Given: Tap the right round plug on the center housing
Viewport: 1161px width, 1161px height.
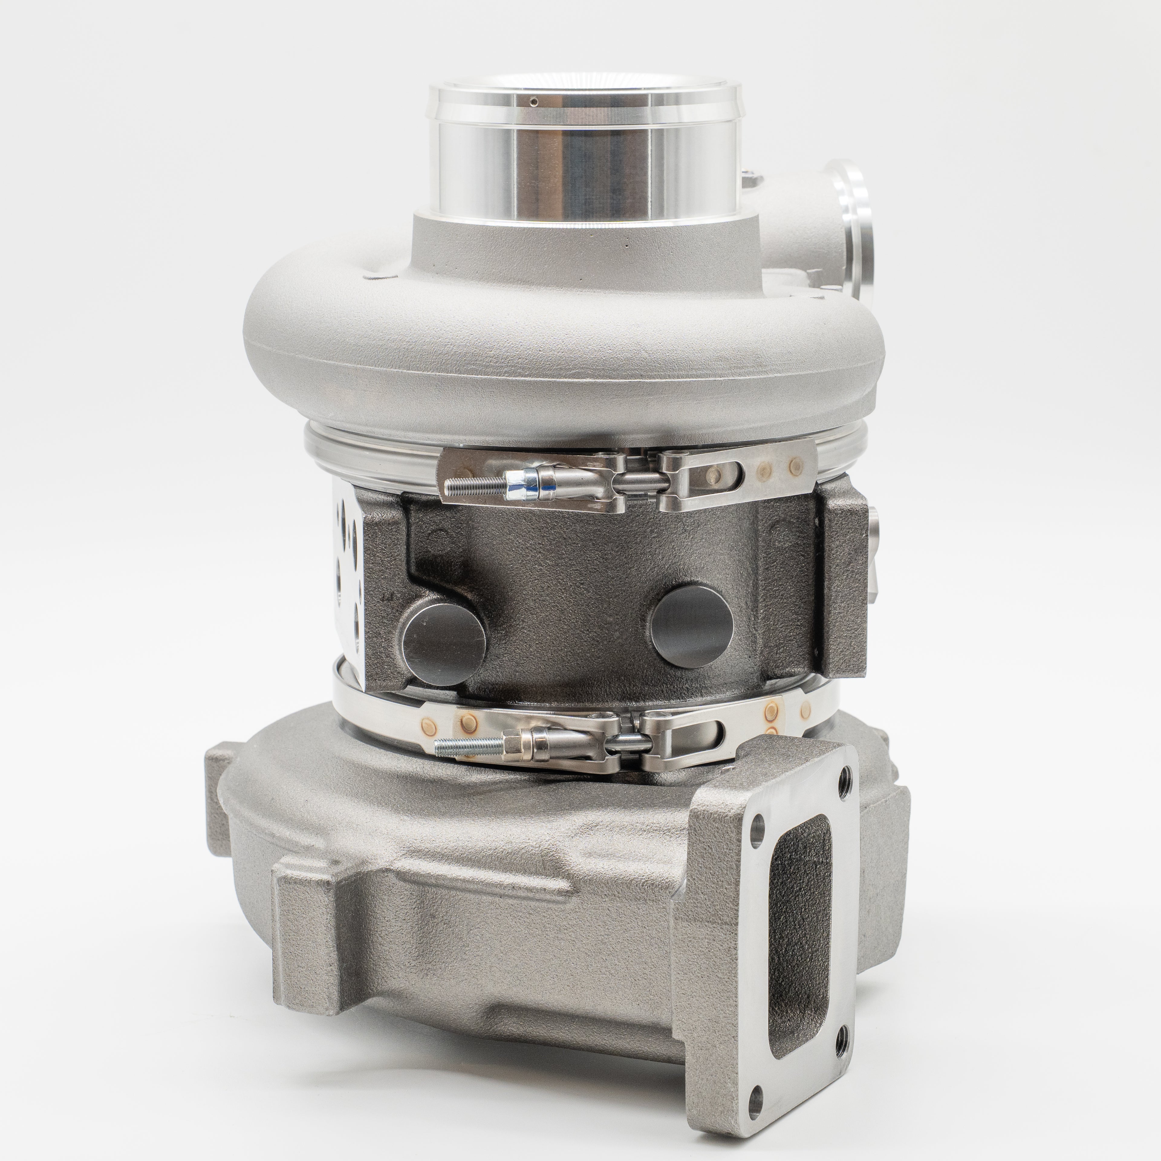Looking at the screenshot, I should tap(692, 625).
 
